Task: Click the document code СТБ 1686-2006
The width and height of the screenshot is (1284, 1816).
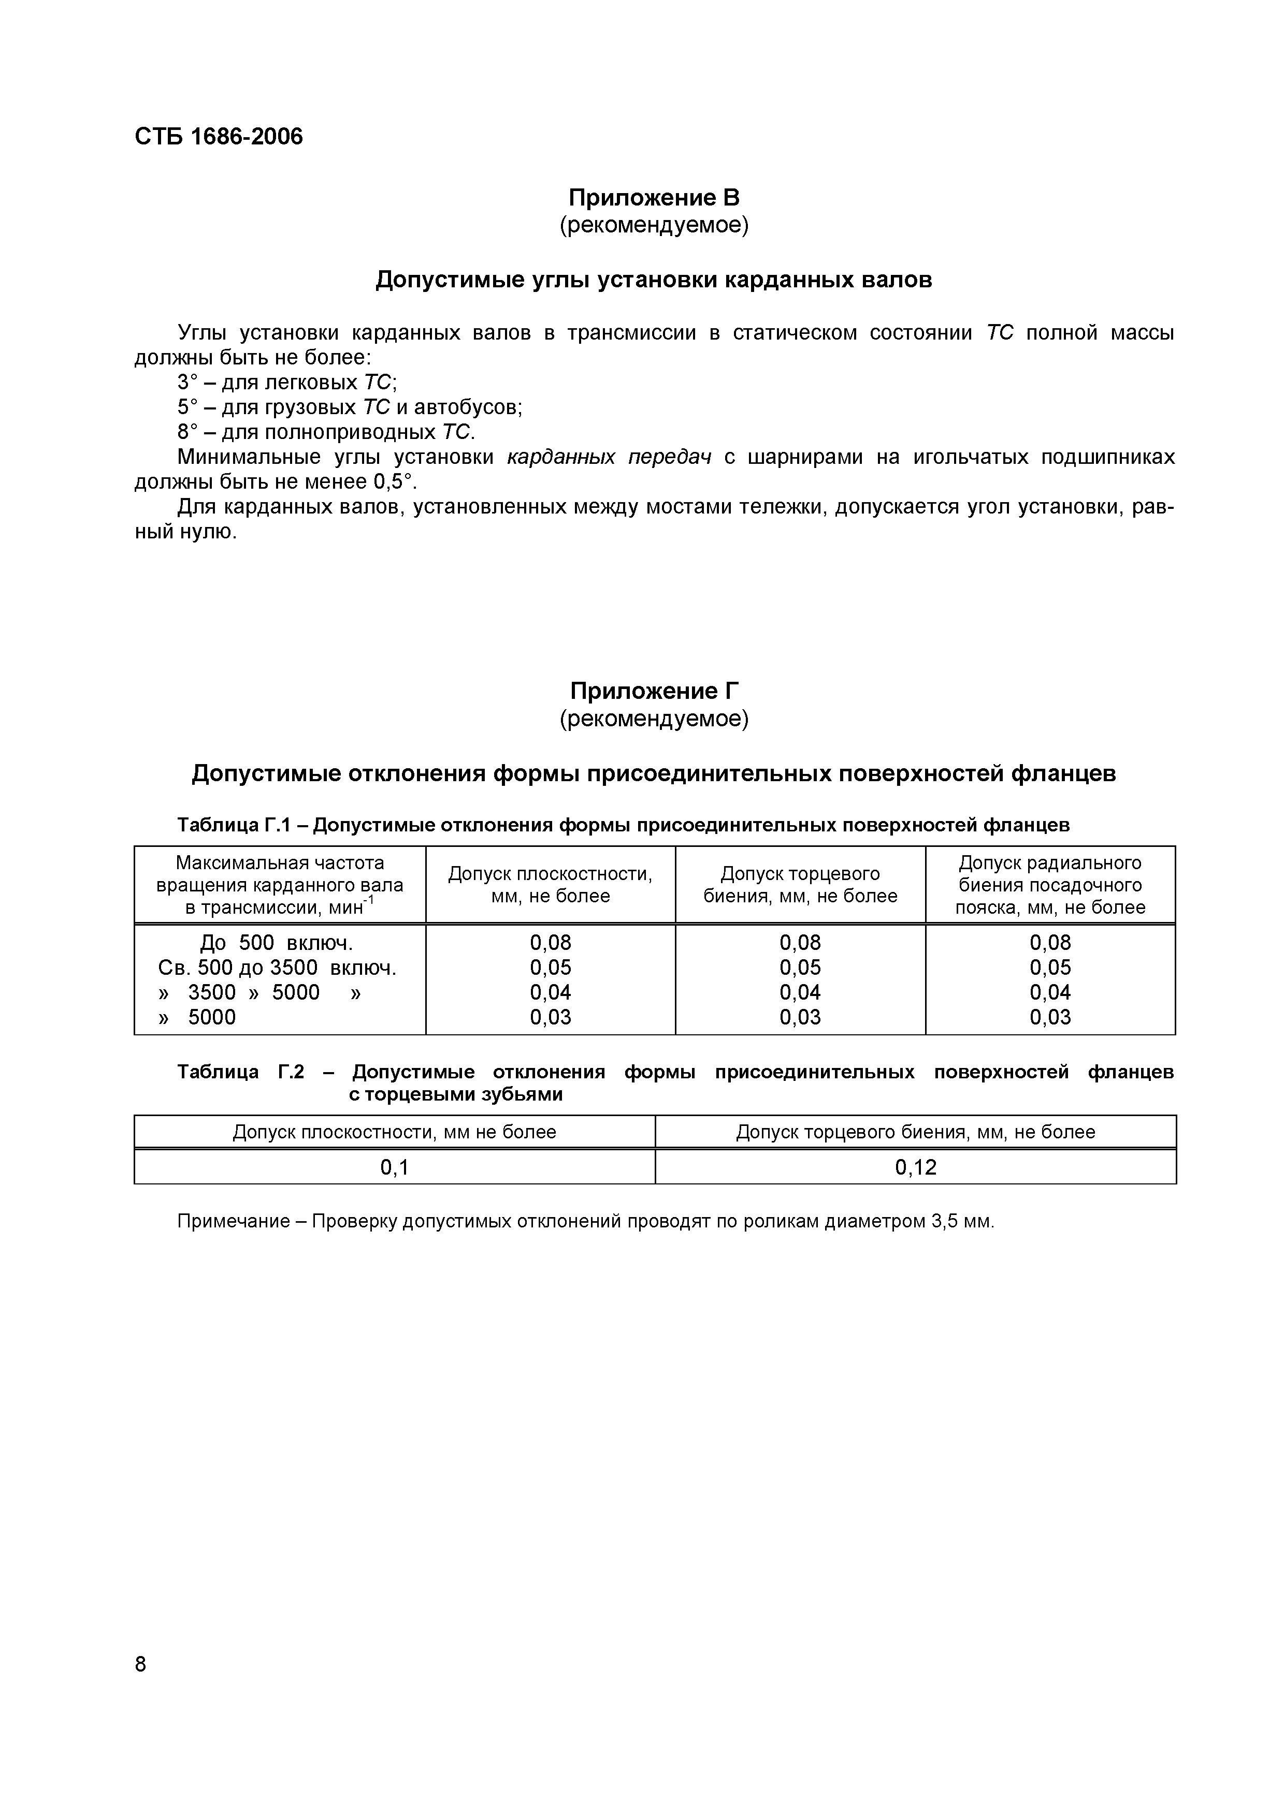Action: tap(219, 137)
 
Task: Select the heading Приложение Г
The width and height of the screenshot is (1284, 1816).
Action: tap(654, 691)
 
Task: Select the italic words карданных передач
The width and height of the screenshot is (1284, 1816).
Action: tap(609, 457)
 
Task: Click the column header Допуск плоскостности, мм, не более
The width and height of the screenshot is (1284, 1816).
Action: tap(550, 884)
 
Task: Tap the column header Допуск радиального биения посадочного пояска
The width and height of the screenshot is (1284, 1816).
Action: tap(1050, 884)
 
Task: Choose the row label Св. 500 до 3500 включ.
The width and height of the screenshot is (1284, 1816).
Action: tap(277, 968)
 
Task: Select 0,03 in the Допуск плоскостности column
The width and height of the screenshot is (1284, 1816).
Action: tap(550, 1017)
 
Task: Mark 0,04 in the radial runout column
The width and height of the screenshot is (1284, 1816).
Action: tap(1050, 992)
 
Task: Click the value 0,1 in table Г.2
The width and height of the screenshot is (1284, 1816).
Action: tap(394, 1167)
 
